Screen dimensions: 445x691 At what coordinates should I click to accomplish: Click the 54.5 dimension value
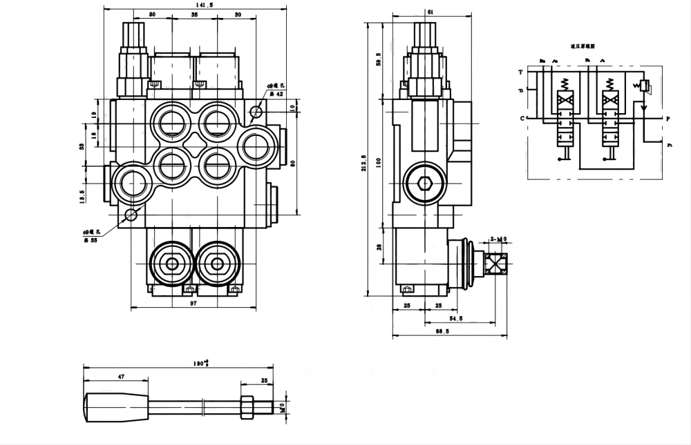pyautogui.click(x=456, y=318)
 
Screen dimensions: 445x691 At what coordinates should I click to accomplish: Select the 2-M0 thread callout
pyautogui.click(x=498, y=239)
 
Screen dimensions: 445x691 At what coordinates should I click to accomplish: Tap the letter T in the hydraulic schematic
pyautogui.click(x=520, y=72)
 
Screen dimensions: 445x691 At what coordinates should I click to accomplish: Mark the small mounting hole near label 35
pyautogui.click(x=132, y=215)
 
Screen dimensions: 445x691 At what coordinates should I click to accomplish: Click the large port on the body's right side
pyautogui.click(x=257, y=146)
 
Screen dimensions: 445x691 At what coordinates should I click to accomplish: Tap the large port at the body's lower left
pyautogui.click(x=131, y=183)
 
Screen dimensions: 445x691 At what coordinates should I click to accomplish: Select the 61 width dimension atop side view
pyautogui.click(x=430, y=12)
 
